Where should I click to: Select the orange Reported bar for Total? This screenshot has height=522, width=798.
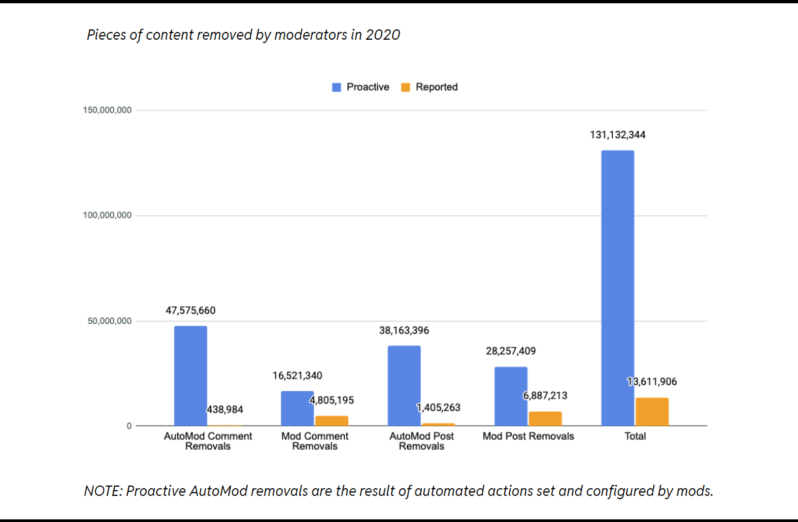coord(652,412)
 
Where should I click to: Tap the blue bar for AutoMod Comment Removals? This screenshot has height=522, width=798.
coord(190,376)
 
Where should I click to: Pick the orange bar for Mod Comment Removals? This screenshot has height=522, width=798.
coord(332,421)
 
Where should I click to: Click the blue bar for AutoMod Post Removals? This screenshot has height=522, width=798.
coord(404,386)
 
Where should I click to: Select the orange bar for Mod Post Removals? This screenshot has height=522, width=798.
coord(545,418)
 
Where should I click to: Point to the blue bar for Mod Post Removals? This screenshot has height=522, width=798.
coord(510,396)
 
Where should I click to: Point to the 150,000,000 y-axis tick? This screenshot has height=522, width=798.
coord(108,110)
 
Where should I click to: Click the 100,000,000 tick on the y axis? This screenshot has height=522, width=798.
coord(108,216)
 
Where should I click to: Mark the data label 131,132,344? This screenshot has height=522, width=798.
coord(617,136)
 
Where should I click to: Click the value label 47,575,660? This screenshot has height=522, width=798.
coord(190,311)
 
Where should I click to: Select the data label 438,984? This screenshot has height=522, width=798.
coord(225,410)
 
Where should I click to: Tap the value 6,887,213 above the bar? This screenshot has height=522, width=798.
coord(545,396)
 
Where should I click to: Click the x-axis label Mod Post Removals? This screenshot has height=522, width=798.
coord(528,436)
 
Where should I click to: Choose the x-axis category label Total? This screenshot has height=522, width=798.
coord(635,436)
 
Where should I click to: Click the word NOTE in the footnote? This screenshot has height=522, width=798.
coord(102,491)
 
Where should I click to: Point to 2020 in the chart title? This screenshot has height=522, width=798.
coord(382,35)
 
